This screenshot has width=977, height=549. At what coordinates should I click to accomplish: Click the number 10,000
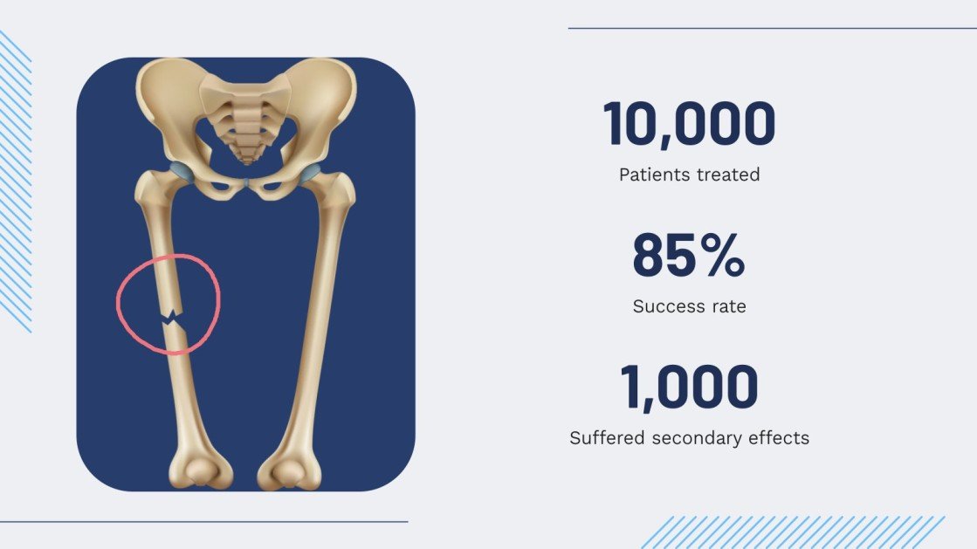coord(689,124)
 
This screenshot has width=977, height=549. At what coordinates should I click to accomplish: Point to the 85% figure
coord(688,255)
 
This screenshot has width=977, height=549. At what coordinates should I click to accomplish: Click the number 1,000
coord(689,388)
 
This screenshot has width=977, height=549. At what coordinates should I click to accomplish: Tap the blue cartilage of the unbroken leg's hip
coord(311,172)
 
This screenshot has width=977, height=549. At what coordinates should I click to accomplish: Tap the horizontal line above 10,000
coord(772,28)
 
